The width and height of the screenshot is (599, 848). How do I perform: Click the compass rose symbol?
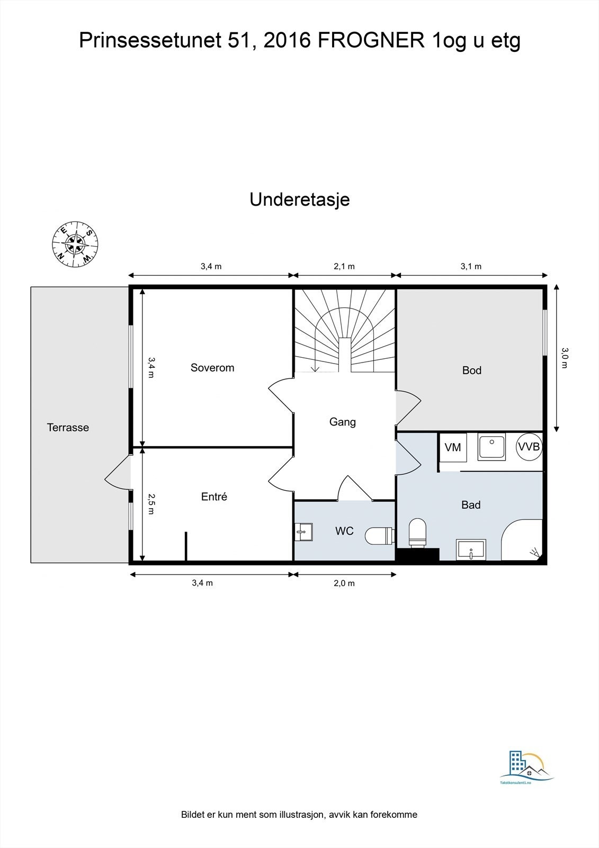point(75,243)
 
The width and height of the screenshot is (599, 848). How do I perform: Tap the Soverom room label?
point(212,368)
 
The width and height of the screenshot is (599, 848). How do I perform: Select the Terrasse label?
point(68,427)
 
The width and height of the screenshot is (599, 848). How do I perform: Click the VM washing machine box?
point(453,447)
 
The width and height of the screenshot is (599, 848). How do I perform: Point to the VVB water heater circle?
point(529,447)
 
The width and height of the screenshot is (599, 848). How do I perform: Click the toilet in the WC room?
point(379,536)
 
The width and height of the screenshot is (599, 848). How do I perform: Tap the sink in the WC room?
point(304,532)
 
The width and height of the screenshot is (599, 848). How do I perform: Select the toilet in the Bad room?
point(417,532)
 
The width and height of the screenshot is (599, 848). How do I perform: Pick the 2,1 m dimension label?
point(344,267)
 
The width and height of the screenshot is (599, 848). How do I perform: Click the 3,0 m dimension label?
point(565,358)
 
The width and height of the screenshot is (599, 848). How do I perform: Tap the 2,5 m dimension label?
point(151,504)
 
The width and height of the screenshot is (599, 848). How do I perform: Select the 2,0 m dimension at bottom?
point(344,583)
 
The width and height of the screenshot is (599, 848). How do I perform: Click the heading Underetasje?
point(299,200)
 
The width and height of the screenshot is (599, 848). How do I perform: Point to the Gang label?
point(342,422)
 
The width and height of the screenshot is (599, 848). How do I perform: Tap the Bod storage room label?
point(471,370)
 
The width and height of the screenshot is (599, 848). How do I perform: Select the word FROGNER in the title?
point(371,41)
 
